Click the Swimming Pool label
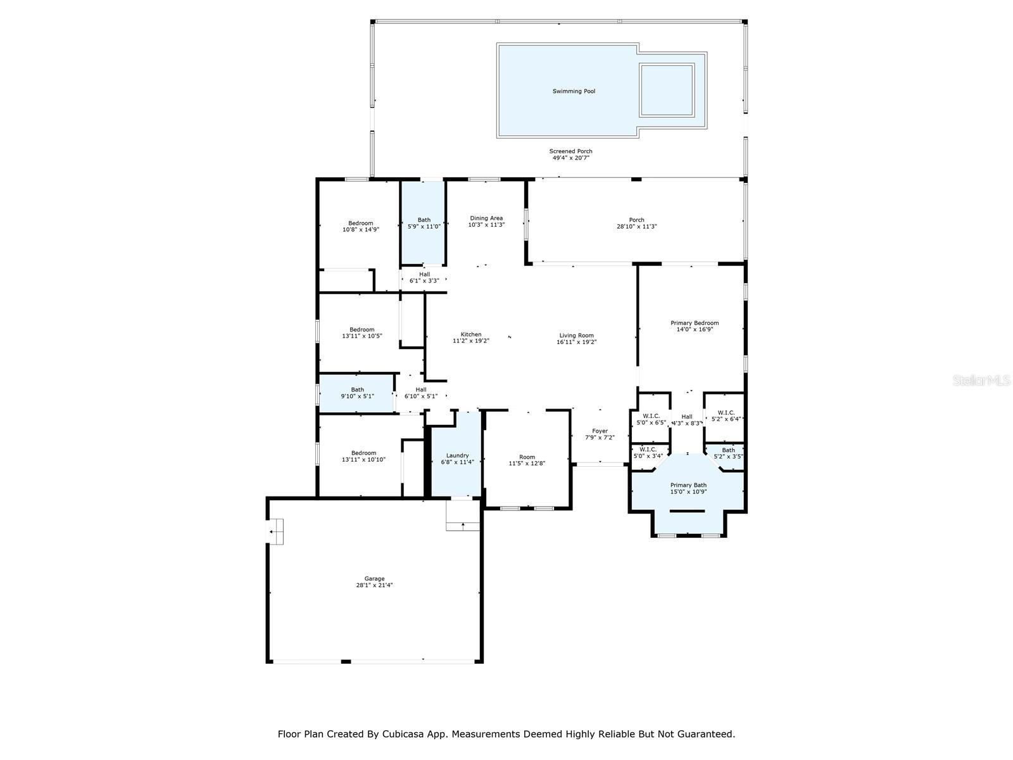tap(574, 91)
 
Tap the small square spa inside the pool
tap(667, 90)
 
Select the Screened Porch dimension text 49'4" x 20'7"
tap(571, 158)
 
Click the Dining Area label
tap(486, 218)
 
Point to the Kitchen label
tap(471, 334)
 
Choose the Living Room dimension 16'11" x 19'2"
tap(576, 343)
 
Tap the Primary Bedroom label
tap(695, 323)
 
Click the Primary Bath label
tap(688, 485)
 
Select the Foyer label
tap(600, 431)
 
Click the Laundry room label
tap(457, 455)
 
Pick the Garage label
tap(374, 579)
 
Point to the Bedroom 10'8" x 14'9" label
tap(360, 227)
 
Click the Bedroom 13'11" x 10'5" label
tap(362, 332)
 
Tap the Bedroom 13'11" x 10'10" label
tap(363, 457)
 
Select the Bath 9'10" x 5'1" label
tap(357, 393)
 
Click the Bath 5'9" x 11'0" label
tap(424, 224)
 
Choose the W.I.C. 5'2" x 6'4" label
tap(726, 416)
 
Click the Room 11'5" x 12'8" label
tap(527, 460)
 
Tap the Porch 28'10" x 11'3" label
tap(636, 224)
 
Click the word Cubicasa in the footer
tap(401, 733)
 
